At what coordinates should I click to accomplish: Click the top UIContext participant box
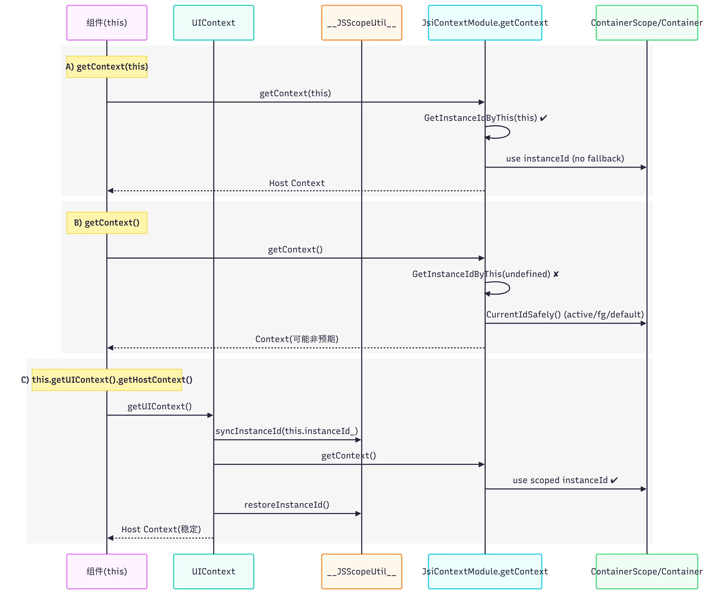point(213,23)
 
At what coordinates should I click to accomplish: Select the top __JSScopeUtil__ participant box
point(361,23)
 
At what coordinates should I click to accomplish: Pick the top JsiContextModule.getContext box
point(485,23)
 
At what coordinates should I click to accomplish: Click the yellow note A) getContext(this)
point(107,67)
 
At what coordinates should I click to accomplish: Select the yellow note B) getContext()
point(107,223)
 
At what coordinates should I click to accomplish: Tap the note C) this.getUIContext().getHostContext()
point(107,380)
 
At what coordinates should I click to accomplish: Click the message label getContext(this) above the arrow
point(295,93)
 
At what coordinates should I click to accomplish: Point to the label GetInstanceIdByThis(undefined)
point(481,274)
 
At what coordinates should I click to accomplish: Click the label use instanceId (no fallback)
point(565,159)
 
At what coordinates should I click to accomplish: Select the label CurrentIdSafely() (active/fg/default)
point(565,314)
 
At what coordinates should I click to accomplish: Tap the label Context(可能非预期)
point(297,339)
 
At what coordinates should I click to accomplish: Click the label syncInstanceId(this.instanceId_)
point(287,431)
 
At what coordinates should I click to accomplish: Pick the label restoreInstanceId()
point(287,505)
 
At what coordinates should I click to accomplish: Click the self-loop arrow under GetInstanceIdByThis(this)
point(509,132)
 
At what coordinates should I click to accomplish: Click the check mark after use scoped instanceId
point(614,480)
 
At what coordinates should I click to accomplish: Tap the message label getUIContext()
point(160,407)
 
